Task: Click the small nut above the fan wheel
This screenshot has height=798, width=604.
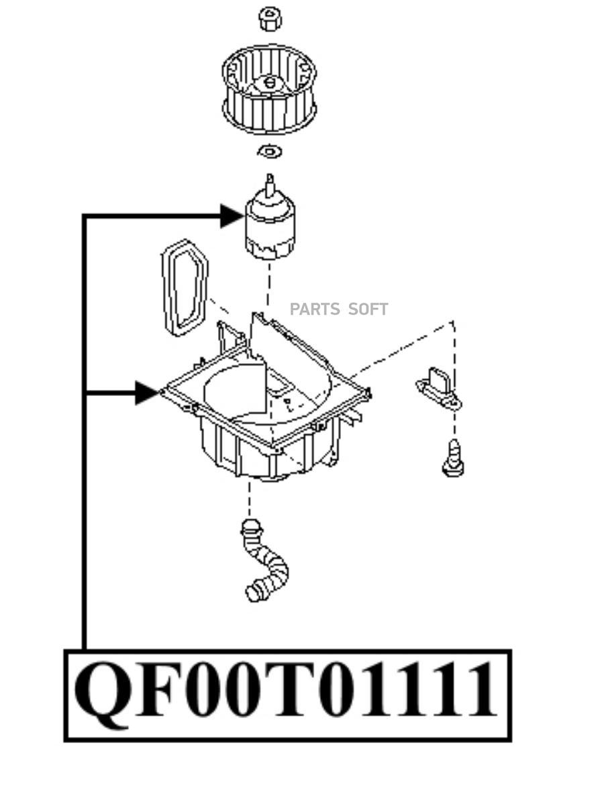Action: [270, 18]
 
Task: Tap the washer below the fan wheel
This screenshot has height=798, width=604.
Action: [270, 152]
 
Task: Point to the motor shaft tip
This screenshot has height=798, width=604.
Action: [270, 177]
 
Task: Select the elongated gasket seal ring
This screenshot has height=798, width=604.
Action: [185, 287]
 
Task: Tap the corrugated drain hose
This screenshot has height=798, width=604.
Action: [264, 560]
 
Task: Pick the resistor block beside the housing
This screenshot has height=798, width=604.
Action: [439, 389]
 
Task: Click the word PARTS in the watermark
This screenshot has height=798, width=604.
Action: [315, 309]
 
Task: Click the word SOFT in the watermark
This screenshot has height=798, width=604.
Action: [368, 309]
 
